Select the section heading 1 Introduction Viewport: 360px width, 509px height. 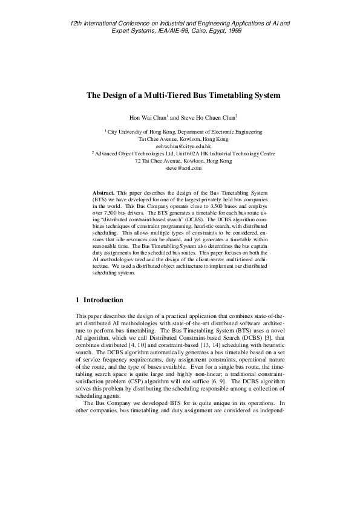99,300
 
